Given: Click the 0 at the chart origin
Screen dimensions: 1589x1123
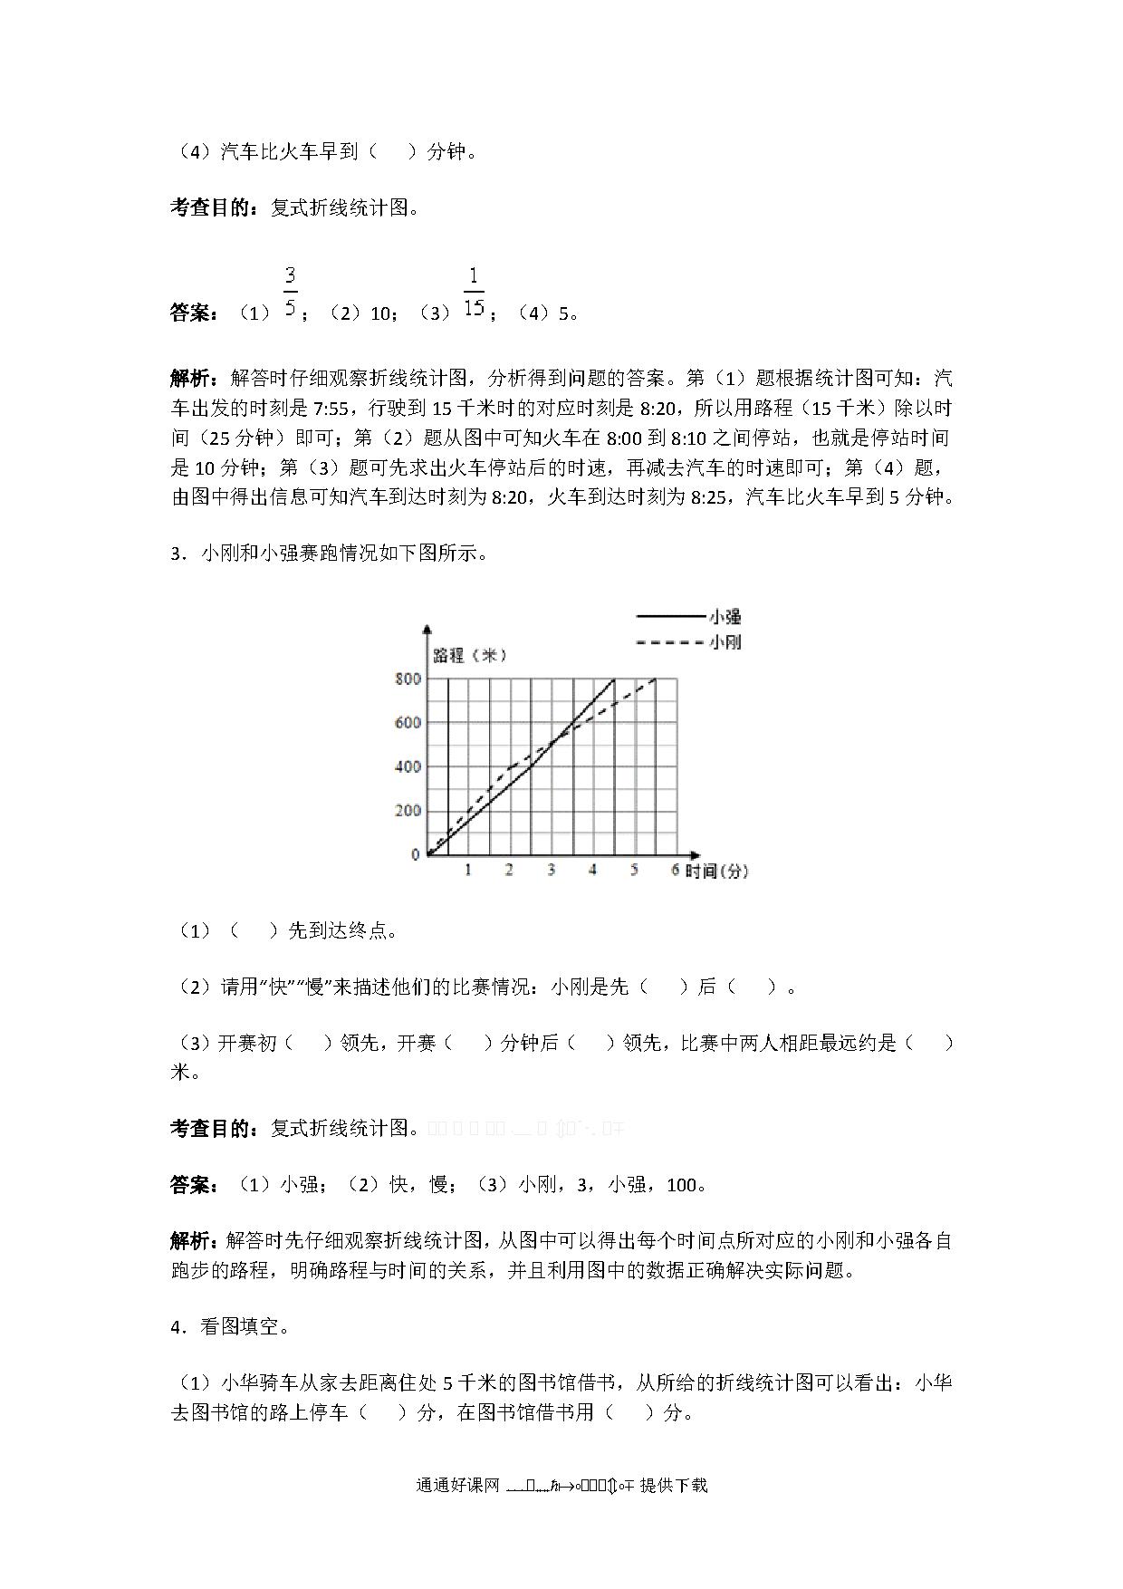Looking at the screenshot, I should click(416, 854).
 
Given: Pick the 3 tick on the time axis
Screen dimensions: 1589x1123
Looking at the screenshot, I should click(551, 871).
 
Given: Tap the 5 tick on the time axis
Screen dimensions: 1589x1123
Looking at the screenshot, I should click(634, 871).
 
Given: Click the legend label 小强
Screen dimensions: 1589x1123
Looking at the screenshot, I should click(725, 617).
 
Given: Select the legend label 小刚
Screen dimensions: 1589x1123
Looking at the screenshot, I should click(725, 642).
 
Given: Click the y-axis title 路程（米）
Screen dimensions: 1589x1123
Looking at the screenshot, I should click(470, 656).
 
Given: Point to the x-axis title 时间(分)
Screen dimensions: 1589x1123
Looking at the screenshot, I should click(716, 872).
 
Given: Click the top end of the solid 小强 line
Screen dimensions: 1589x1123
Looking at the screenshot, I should click(614, 679).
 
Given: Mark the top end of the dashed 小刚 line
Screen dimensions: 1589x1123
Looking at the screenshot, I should click(655, 679).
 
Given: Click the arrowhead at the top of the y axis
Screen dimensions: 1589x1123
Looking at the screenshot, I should click(427, 628).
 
